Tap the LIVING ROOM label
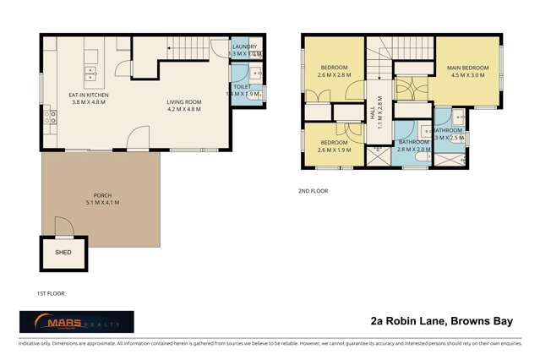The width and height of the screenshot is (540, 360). click(183, 101)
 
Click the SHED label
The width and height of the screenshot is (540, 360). click(63, 252)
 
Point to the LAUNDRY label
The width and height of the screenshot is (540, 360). click(244, 46)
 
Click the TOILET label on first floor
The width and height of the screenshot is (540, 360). click(241, 85)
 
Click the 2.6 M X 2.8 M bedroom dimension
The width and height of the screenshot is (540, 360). click(335, 75)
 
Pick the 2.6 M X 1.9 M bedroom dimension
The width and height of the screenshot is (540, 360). click(334, 150)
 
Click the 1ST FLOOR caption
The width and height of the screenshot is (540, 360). click(52, 293)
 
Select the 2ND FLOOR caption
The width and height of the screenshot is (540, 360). click(314, 191)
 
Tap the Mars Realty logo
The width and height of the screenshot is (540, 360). click(76, 322)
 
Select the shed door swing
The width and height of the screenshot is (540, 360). click(60, 225)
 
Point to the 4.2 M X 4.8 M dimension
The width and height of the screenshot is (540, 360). click(183, 110)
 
